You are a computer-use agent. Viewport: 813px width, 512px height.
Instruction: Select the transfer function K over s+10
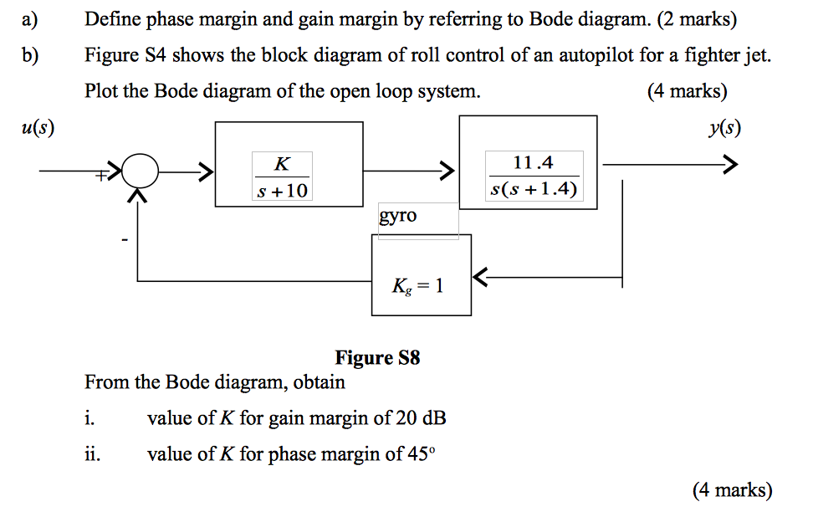pyautogui.click(x=282, y=176)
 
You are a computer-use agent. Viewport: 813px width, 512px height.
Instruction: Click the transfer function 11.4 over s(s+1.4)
pyautogui.click(x=533, y=176)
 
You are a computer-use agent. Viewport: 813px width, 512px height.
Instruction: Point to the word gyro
pyautogui.click(x=397, y=216)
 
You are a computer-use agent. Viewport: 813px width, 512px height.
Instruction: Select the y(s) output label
pyautogui.click(x=723, y=128)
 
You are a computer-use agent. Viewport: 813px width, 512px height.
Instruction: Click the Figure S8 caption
pyautogui.click(x=377, y=358)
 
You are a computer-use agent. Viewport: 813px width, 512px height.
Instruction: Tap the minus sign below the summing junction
pyautogui.click(x=124, y=241)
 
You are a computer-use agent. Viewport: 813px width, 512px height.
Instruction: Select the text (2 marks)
pyautogui.click(x=698, y=19)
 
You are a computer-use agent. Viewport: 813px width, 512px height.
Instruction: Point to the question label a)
pyautogui.click(x=31, y=19)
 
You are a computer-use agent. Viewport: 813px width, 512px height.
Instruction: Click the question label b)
pyautogui.click(x=31, y=56)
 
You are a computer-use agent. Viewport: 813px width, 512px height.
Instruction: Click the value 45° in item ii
pyautogui.click(x=421, y=455)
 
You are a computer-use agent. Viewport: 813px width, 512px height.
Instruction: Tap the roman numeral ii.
pyautogui.click(x=91, y=455)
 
